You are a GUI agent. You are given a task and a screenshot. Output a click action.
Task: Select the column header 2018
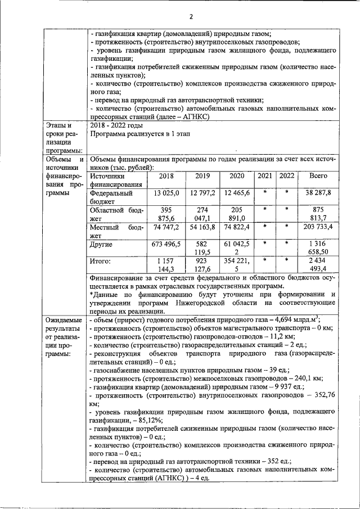(x=166, y=176)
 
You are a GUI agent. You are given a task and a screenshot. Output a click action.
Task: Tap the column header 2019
(x=202, y=176)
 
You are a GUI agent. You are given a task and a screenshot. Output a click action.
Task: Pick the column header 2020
(x=237, y=176)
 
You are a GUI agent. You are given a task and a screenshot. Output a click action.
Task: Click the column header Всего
(x=318, y=176)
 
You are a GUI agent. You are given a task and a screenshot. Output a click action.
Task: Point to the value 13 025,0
(x=166, y=193)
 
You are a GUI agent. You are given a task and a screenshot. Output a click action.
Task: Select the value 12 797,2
(x=202, y=193)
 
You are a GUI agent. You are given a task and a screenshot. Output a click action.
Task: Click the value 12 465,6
(x=237, y=193)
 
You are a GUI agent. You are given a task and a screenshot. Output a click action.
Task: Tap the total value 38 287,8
(x=318, y=193)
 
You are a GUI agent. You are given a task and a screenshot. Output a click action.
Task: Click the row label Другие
(x=101, y=244)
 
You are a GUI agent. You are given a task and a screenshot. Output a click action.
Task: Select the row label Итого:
(x=101, y=261)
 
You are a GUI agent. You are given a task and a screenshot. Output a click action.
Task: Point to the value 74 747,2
(x=166, y=227)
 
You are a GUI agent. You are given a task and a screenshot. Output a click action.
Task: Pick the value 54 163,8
(x=202, y=227)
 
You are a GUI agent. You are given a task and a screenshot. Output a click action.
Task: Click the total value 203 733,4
(x=318, y=227)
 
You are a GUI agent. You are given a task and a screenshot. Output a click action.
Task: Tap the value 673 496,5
(x=166, y=244)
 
